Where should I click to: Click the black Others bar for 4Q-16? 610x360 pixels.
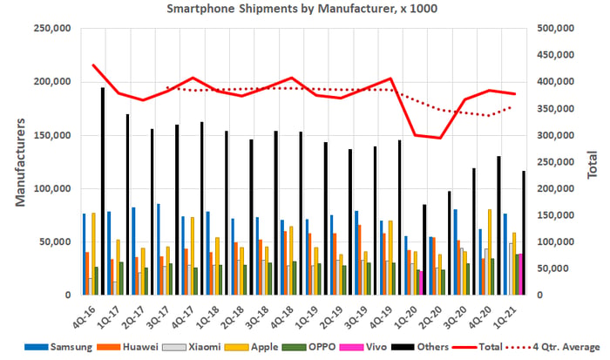point(103,191)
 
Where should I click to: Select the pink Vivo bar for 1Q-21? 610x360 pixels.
point(520,275)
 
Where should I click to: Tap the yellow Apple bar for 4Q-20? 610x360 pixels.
point(490,252)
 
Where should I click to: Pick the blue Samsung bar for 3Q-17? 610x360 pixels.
point(159,249)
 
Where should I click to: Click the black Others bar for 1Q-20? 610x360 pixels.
point(424,250)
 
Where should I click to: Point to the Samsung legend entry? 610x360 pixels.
point(58,347)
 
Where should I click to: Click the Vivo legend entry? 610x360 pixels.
point(363,347)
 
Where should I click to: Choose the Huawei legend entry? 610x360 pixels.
point(127,347)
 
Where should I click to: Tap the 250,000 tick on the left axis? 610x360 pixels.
point(52,29)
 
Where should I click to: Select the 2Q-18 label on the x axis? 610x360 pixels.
point(233,316)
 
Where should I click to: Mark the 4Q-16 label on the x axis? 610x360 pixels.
point(85,316)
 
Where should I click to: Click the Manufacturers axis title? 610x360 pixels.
point(20,162)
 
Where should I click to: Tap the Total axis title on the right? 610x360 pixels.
point(592,165)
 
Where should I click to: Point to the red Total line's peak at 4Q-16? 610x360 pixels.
point(93,65)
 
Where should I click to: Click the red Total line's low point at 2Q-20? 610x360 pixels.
point(440,138)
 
